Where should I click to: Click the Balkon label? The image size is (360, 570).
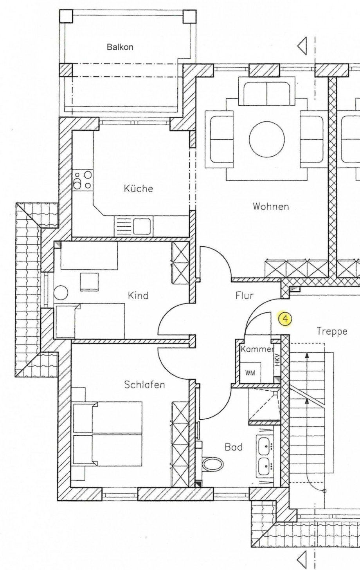[120, 47]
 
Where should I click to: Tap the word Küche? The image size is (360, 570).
[138, 189]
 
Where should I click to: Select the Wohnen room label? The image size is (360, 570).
[270, 206]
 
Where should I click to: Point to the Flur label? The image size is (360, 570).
[245, 295]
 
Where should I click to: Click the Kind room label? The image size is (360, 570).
[138, 295]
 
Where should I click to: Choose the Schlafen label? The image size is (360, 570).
[144, 385]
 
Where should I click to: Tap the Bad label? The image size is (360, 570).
[233, 447]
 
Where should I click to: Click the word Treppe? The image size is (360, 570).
[332, 332]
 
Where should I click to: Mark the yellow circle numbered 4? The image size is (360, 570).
[285, 319]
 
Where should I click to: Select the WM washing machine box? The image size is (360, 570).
[250, 373]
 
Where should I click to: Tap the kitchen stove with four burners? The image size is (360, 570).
[83, 180]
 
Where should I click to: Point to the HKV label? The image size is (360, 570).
[277, 360]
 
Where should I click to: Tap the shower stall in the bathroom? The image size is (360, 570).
[264, 405]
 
